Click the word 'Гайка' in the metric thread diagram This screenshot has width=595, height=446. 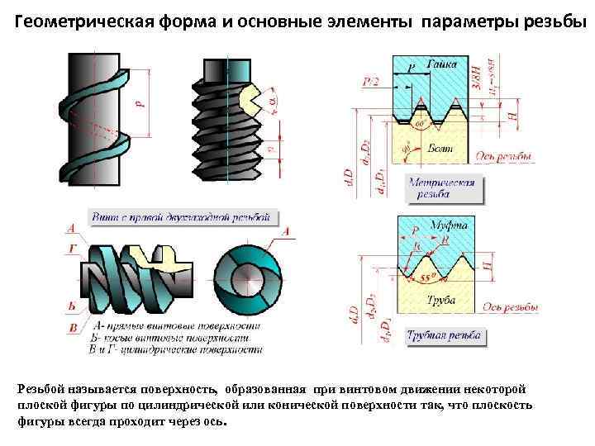click(447, 64)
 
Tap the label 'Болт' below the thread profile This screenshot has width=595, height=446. click(440, 146)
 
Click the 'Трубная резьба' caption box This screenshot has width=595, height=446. click(444, 336)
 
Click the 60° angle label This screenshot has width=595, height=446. click(420, 123)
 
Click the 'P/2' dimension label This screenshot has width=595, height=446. click(371, 80)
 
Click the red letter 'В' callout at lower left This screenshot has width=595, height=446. click(73, 328)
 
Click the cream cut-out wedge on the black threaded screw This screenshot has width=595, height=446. click(249, 101)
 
